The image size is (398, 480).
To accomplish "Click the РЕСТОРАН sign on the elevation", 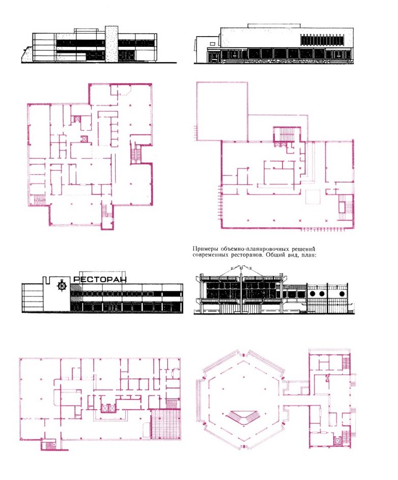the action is pyautogui.click(x=100, y=280).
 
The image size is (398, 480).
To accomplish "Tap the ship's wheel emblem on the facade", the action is pyautogui.click(x=62, y=285).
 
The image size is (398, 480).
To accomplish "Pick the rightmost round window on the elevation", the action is pyautogui.click(x=342, y=294).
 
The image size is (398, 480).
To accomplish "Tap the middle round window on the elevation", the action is pyautogui.click(x=322, y=294).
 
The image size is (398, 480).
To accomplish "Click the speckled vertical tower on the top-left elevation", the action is pyautogui.click(x=111, y=44).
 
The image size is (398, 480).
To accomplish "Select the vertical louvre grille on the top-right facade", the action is pyautogui.click(x=322, y=40).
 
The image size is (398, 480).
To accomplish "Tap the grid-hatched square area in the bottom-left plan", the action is pyautogui.click(x=165, y=424).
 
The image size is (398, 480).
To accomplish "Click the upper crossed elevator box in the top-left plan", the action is pyautogui.click(x=76, y=119).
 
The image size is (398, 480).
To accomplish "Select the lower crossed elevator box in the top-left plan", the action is pyautogui.click(x=84, y=139).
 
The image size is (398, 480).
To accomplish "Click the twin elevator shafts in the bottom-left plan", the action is pyautogui.click(x=108, y=408).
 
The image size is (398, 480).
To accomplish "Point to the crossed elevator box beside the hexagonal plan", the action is pyautogui.click(x=337, y=441).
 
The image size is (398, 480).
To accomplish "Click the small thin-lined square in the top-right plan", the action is pyautogui.click(x=313, y=197).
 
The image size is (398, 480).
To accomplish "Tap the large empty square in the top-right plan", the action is pyautogui.click(x=222, y=111).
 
